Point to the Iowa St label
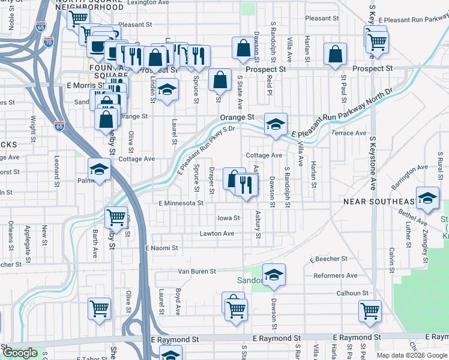(229, 218)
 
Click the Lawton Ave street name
(217, 233)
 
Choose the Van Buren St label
(197, 271)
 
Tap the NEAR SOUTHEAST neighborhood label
(379, 202)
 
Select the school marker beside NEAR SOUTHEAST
(427, 197)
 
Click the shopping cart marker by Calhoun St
(370, 311)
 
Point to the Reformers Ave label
(335, 276)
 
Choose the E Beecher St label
(328, 259)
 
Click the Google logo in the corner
(19, 353)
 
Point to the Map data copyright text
(412, 355)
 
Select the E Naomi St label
(161, 248)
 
